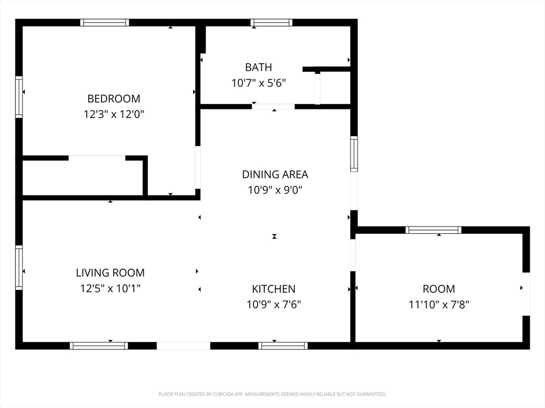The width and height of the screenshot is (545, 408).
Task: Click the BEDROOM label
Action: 114,99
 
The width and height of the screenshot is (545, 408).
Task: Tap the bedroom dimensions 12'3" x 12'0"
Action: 114,114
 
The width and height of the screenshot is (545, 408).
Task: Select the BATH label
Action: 258,67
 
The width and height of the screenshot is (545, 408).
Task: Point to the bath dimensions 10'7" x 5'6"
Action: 259,83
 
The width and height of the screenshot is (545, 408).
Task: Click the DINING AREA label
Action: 275,174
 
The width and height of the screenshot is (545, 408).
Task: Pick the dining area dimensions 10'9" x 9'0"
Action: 275,190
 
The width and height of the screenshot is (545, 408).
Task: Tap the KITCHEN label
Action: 274,289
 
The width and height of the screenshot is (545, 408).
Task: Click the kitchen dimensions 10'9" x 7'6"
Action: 274,304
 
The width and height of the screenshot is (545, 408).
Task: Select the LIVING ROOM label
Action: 110,273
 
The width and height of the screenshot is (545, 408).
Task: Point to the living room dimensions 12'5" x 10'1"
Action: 110,288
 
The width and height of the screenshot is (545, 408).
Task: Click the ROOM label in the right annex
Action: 439,289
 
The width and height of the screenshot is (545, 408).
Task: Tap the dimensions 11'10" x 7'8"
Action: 439,304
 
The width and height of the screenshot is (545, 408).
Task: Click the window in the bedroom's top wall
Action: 105,22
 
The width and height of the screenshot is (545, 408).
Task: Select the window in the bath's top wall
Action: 271,22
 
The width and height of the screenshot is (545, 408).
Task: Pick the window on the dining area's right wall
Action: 354,154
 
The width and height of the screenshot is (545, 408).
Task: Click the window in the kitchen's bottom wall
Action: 283,345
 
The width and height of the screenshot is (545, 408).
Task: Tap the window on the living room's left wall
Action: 19,268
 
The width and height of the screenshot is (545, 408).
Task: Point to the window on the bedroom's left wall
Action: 19,97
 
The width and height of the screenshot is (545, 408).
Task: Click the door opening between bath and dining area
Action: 273,106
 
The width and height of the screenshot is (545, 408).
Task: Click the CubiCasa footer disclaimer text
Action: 272,394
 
